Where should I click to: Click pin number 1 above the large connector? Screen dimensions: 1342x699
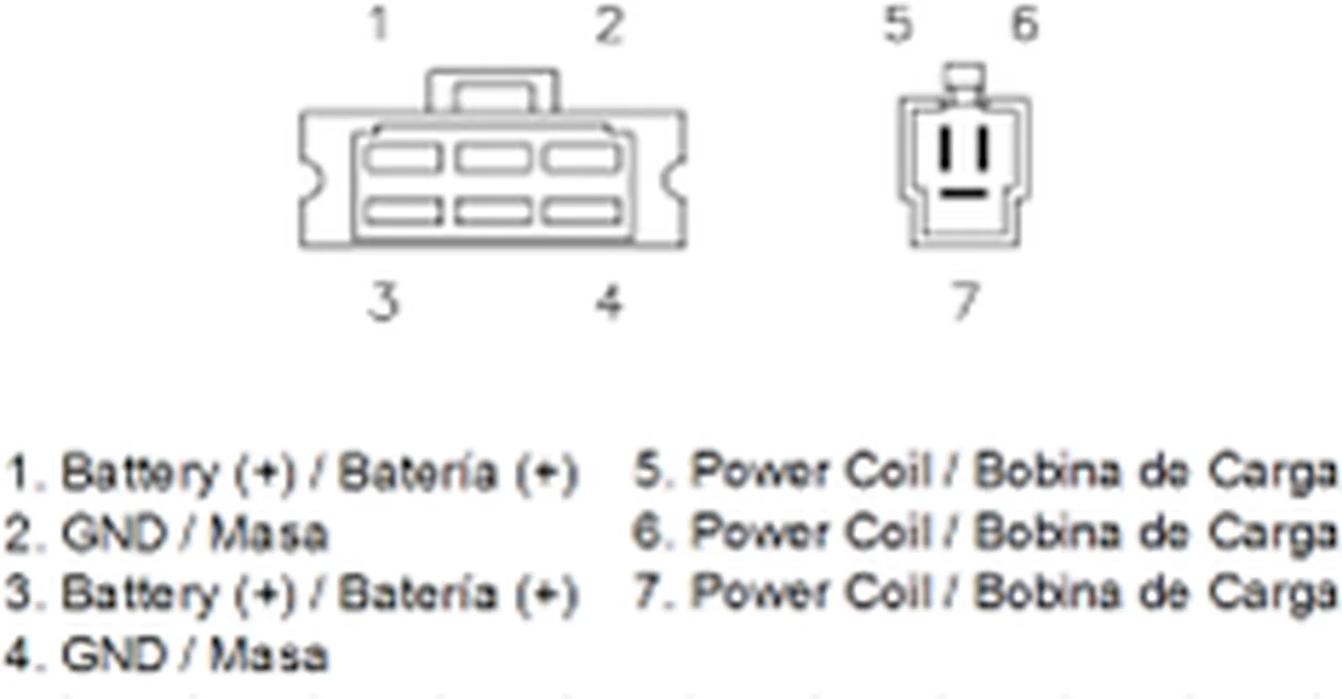click(379, 24)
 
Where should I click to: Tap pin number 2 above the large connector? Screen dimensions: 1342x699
click(608, 25)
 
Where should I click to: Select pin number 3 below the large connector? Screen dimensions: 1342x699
click(382, 302)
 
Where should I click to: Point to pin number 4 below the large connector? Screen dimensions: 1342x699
click(608, 302)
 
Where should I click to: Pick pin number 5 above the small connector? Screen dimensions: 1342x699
click(898, 24)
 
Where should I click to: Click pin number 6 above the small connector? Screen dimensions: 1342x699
click(1025, 24)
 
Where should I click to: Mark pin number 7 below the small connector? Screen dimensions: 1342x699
click(963, 301)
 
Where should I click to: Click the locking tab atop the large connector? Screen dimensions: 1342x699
click(492, 89)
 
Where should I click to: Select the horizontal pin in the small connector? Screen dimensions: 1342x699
click(963, 191)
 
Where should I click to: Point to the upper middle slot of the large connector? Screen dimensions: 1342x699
click(492, 158)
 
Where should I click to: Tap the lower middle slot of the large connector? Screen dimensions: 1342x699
click(492, 211)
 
